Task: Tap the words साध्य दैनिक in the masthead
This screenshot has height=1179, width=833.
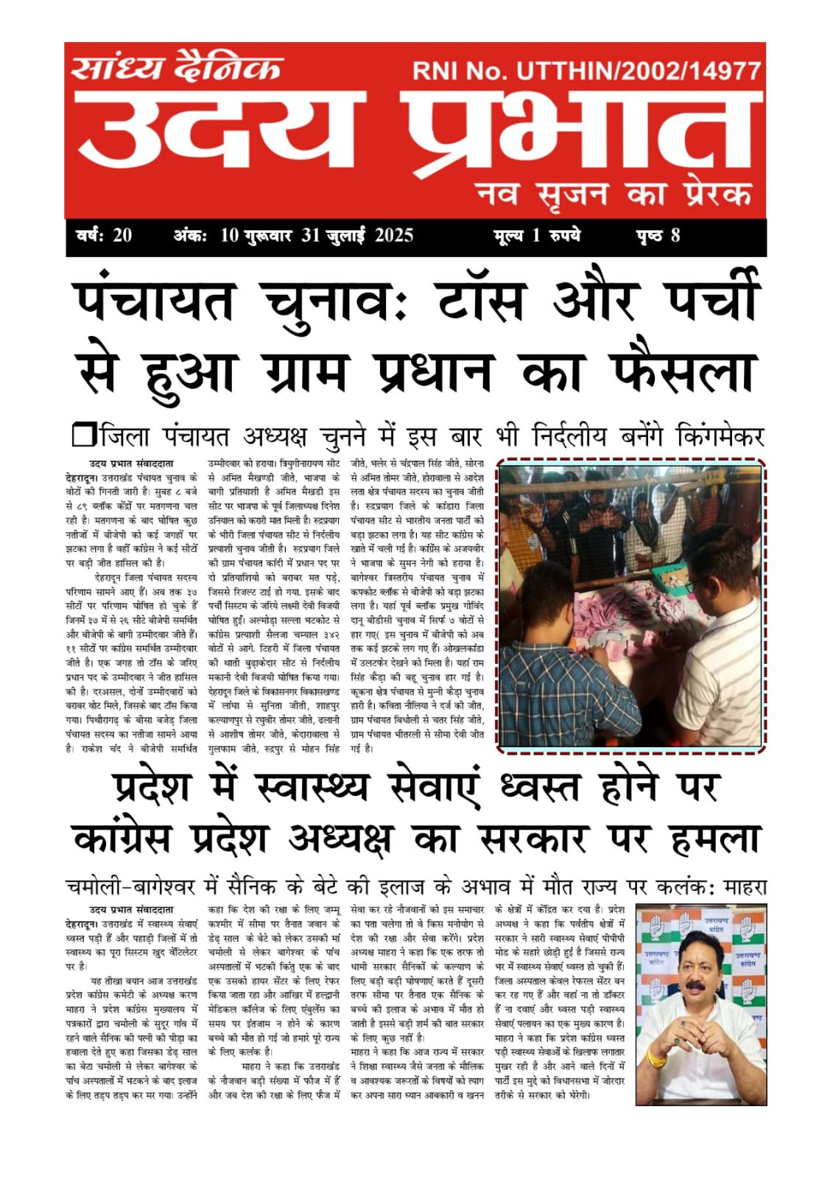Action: pyautogui.click(x=177, y=69)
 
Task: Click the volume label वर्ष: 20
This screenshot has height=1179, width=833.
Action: pyautogui.click(x=104, y=236)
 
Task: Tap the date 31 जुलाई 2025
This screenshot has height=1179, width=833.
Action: pyautogui.click(x=357, y=236)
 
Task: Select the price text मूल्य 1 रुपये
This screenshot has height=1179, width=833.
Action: pyautogui.click(x=537, y=236)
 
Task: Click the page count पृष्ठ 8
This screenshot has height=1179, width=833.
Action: pyautogui.click(x=658, y=236)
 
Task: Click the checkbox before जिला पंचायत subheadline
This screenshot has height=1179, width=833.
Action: pyautogui.click(x=83, y=435)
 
